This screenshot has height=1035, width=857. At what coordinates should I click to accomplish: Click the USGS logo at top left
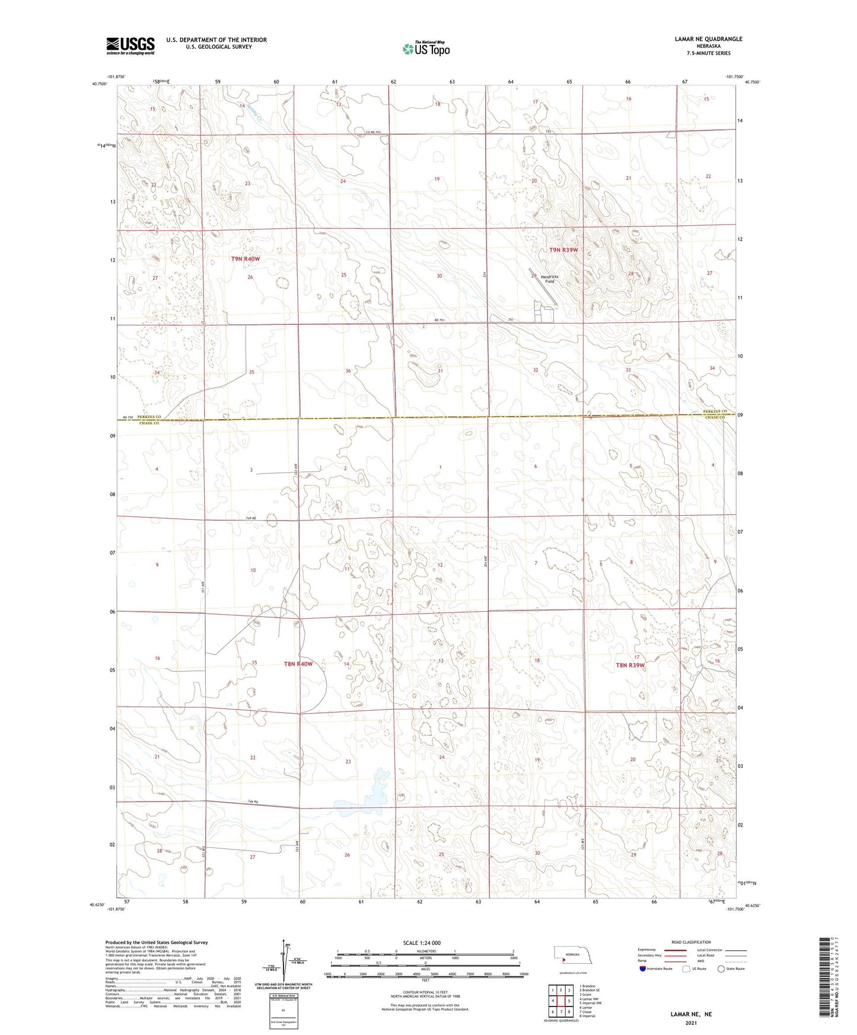click(130, 45)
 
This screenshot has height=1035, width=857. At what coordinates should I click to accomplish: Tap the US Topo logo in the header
click(425, 48)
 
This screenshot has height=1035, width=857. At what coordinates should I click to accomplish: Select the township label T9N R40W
click(246, 259)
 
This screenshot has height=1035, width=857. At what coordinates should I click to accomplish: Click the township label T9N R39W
click(563, 250)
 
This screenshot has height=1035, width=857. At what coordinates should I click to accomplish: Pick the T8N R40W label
click(298, 664)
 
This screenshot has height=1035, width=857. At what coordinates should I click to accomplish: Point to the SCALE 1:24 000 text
click(422, 943)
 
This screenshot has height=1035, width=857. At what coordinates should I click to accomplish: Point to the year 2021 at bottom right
click(691, 1023)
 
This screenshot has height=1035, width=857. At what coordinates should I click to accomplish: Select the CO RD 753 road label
click(364, 132)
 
